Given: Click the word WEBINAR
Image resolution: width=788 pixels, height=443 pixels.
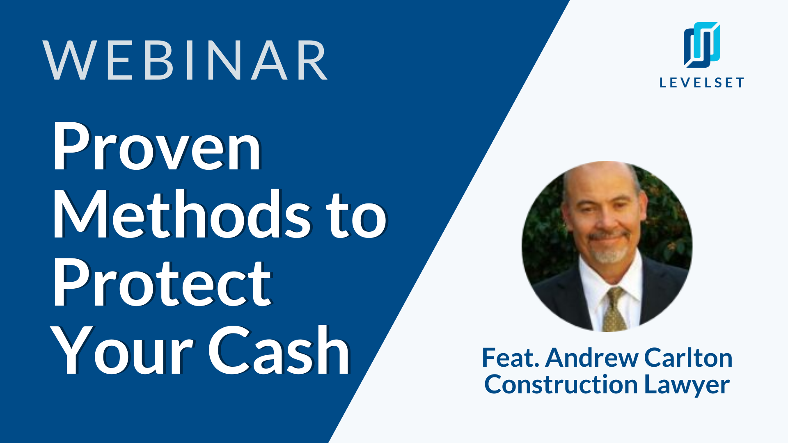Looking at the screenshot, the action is [185, 60].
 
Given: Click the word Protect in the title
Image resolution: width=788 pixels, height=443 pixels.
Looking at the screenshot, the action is [162, 283].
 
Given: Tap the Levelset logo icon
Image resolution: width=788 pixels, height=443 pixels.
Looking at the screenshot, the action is [702, 45].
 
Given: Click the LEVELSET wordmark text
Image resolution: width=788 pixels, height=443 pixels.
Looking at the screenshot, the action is [702, 82].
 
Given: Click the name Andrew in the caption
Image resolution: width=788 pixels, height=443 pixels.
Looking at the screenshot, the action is [592, 358].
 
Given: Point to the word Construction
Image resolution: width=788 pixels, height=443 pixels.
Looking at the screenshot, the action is [561, 385].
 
